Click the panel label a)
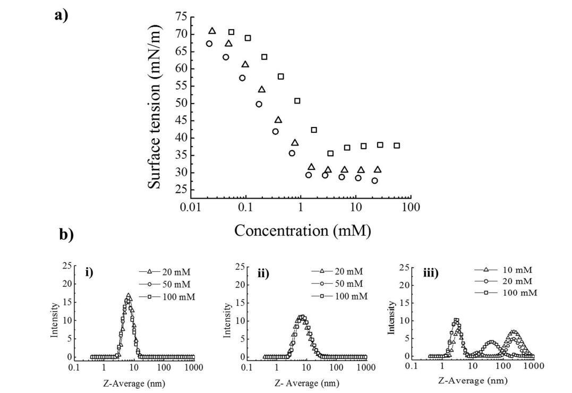[x=62, y=14]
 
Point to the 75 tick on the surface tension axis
[x=181, y=18]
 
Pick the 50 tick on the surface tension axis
[x=181, y=104]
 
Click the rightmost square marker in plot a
[x=397, y=146]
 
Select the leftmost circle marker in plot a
[x=209, y=44]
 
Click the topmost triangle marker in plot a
[x=212, y=31]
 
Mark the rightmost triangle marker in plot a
[x=378, y=170]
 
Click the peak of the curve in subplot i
[x=128, y=295]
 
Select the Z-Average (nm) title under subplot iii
[x=473, y=380]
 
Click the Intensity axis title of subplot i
[x=55, y=320]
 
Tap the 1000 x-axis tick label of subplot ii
[x=364, y=367]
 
